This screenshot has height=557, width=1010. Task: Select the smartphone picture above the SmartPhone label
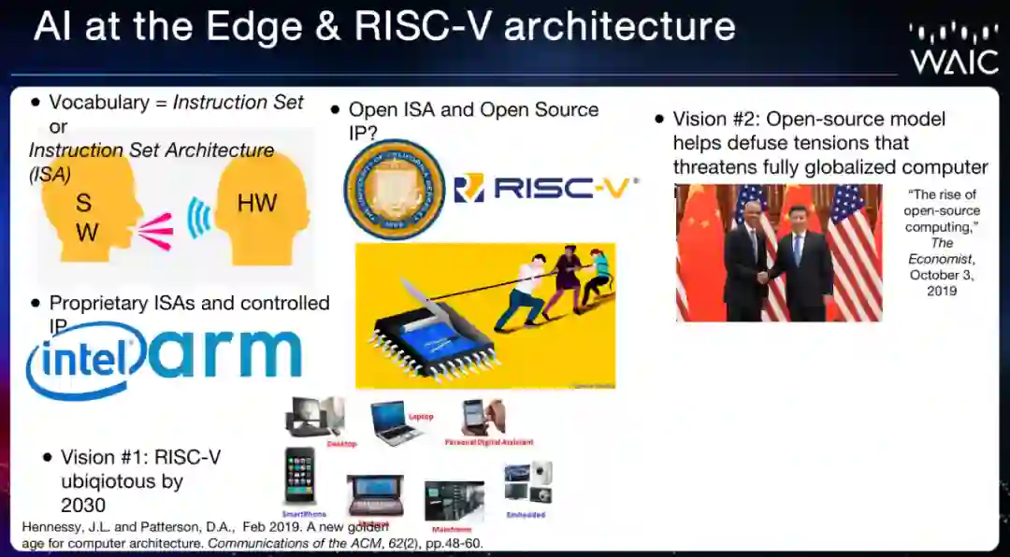pos(300,476)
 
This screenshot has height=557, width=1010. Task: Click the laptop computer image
pos(393,421)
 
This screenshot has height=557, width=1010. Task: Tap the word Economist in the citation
pos(943,259)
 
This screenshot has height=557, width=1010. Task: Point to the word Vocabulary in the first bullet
pos(98,103)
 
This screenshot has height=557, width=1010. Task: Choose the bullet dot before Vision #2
pos(660,120)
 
